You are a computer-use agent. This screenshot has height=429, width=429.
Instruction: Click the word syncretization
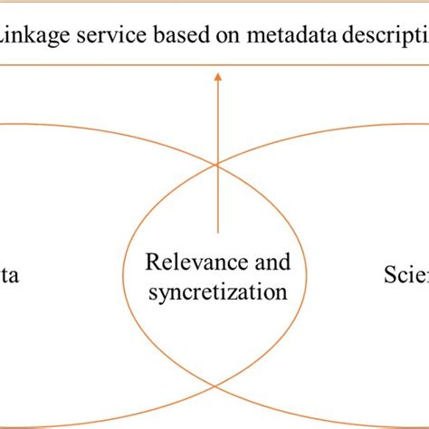pyautogui.click(x=217, y=292)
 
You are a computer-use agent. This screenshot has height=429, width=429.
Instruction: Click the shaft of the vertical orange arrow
pyautogui.click(x=217, y=154)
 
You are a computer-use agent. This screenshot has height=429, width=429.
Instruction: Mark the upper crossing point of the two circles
pyautogui.click(x=215, y=164)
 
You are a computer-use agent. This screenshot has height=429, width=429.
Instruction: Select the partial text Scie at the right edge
pyautogui.click(x=405, y=274)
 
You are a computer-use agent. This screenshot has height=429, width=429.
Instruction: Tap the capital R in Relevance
pyautogui.click(x=152, y=263)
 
